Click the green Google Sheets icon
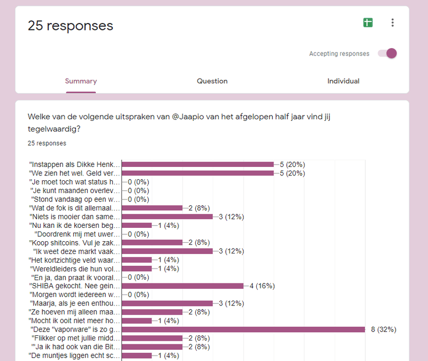368,22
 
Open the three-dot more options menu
393,22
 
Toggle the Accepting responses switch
387,53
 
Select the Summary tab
81,81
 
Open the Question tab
212,81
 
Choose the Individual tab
343,81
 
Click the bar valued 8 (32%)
243,329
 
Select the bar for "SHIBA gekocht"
182,286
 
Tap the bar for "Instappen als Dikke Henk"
198,164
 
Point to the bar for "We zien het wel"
198,173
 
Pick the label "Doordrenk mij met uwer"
77,234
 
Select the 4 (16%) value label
262,286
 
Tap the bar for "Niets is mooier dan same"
167,217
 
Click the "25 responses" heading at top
71,26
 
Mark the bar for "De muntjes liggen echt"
137,356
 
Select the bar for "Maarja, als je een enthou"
167,303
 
